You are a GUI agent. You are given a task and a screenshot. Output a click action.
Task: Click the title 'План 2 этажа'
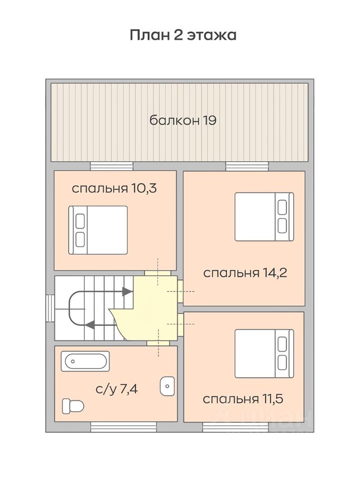click(183, 35)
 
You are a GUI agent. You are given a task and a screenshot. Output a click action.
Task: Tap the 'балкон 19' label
click(183, 120)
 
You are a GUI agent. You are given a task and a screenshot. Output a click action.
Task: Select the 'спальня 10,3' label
click(114, 188)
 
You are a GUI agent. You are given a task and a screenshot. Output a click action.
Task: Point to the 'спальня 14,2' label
click(245, 273)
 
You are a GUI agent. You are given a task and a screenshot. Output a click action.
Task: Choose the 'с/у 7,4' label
click(117, 389)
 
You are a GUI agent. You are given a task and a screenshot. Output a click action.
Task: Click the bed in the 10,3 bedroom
click(98, 230)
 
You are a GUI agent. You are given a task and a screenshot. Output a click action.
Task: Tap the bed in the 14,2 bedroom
click(264, 217)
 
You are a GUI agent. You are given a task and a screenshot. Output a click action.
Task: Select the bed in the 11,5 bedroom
click(264, 354)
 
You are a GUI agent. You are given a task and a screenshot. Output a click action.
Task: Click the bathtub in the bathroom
click(85, 361)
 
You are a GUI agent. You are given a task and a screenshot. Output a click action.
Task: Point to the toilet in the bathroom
click(73, 406)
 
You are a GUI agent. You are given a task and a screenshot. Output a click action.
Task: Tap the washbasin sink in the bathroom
click(167, 386)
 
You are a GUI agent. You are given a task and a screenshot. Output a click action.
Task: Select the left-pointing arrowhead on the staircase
click(89, 325)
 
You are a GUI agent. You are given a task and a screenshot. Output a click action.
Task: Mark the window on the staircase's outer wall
click(50, 308)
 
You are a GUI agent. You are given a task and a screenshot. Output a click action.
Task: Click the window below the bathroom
click(124, 427)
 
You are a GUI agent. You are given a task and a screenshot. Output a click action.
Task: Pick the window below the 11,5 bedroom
click(235, 427)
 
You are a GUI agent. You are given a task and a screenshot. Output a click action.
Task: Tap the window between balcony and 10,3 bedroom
click(112, 167)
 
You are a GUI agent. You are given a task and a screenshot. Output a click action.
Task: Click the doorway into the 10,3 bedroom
click(158, 273)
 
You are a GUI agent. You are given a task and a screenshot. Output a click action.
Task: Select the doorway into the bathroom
click(158, 343)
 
